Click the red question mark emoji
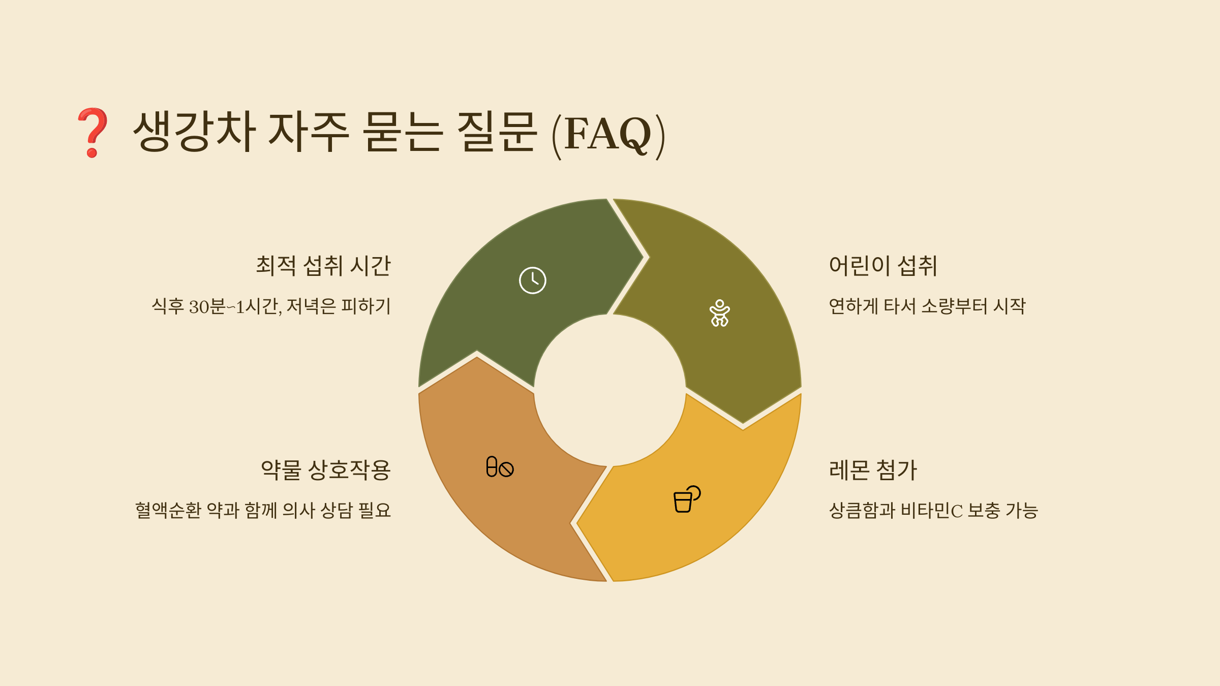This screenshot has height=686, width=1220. [93, 132]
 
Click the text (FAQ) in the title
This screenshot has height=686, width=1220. [608, 134]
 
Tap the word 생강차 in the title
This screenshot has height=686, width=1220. [194, 131]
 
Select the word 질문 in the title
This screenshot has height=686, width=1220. [497, 131]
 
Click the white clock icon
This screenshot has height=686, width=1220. [532, 280]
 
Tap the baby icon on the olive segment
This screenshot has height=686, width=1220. [719, 313]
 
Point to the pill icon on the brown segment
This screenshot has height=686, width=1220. [500, 467]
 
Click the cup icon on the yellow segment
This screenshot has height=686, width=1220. [686, 499]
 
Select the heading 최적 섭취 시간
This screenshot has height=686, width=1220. [323, 266]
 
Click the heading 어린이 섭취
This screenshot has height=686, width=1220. [883, 266]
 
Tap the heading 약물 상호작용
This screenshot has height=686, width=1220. [325, 470]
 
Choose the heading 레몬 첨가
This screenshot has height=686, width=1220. [873, 470]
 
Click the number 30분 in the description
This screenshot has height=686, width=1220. [207, 306]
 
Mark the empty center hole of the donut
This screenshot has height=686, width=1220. [609, 390]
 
